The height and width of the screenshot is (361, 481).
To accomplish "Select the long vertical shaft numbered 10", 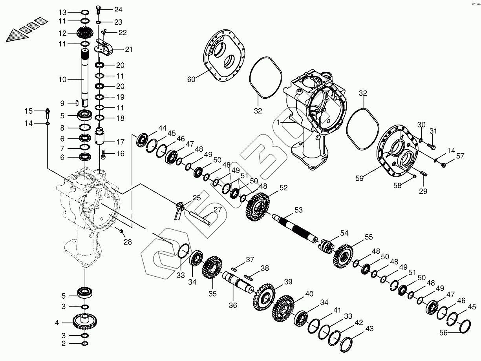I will tap(85, 78).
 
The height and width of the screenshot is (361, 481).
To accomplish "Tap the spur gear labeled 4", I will tap(85, 323).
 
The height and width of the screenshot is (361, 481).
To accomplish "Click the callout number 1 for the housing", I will tap(278, 123).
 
